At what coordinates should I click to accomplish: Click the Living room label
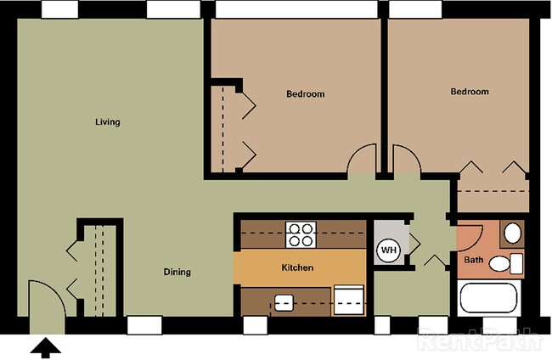click(x=108, y=122)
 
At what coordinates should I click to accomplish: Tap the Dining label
click(x=177, y=272)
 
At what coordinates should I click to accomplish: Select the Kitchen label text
click(x=297, y=267)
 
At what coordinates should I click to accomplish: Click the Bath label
click(x=474, y=260)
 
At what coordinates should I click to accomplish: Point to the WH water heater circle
click(x=389, y=250)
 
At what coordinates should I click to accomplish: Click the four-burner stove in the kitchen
click(x=301, y=234)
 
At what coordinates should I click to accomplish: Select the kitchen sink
click(x=284, y=302)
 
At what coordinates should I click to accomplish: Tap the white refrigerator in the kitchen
click(x=348, y=300)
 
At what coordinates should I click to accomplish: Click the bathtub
click(x=488, y=298)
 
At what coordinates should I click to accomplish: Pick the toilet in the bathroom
click(x=506, y=263)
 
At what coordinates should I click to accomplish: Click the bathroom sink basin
click(x=512, y=233)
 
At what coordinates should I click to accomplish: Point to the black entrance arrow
click(x=45, y=348)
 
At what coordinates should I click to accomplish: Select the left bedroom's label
click(x=305, y=94)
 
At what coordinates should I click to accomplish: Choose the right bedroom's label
click(x=470, y=92)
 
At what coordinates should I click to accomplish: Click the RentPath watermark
click(x=480, y=340)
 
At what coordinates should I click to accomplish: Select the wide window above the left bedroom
click(x=296, y=9)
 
